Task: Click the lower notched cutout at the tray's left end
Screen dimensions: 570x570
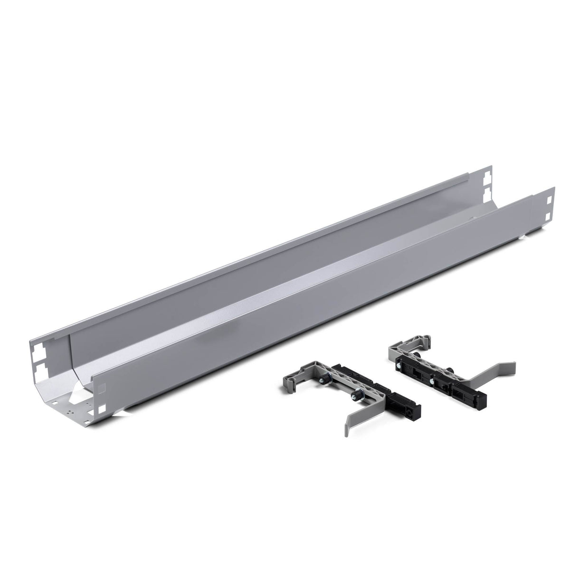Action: click(38, 371)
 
